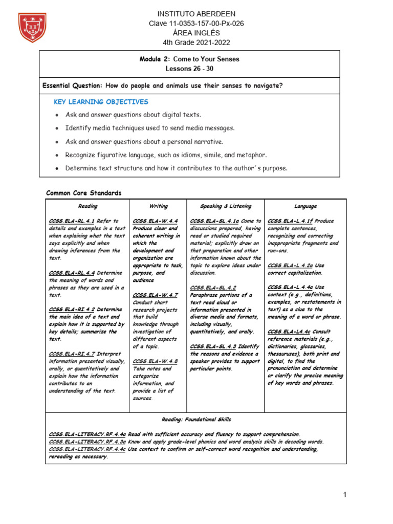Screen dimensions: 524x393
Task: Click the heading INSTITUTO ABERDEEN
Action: tap(189, 14)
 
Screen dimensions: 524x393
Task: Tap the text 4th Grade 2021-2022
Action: tap(189, 42)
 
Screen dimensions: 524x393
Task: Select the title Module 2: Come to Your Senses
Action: tap(189, 59)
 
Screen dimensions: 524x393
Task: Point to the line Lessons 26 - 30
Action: tap(189, 69)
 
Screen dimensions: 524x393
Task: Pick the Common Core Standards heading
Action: tap(84, 193)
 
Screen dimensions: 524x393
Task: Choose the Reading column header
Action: tap(88, 206)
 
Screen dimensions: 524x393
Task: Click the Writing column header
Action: tap(158, 206)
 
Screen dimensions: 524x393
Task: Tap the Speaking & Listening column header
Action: tap(226, 206)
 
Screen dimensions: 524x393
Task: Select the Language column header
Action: tap(305, 206)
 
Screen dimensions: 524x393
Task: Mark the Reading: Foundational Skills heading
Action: tap(196, 420)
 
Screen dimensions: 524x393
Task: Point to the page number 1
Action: tap(345, 494)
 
